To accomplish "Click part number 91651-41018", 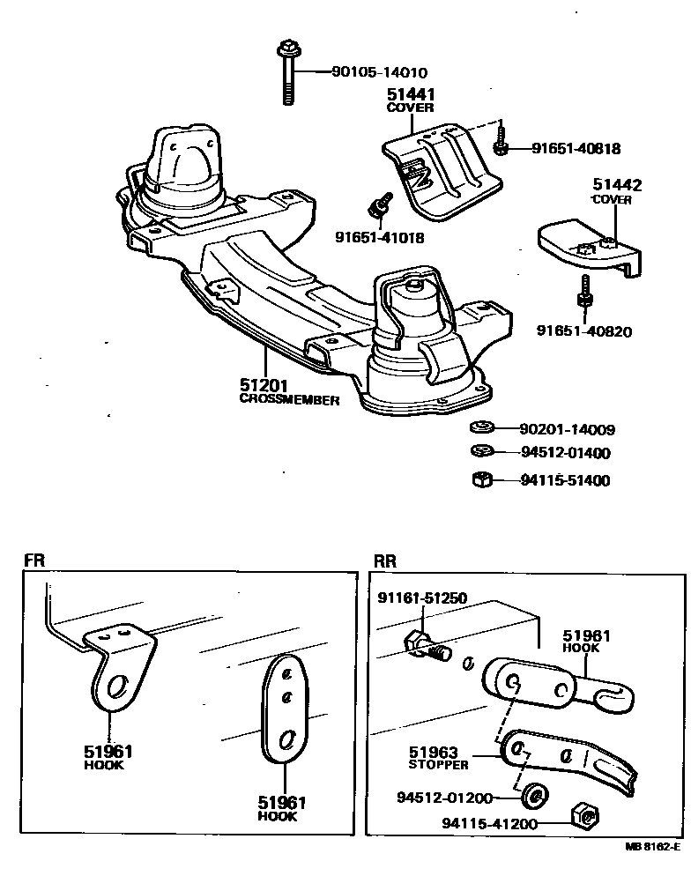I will click(379, 237).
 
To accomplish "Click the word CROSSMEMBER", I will click(289, 399).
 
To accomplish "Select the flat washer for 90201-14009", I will click(480, 429).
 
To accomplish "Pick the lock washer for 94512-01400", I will click(480, 453).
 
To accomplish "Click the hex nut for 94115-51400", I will click(481, 480).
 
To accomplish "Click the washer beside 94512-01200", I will click(533, 798).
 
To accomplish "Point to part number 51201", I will click(263, 386).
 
